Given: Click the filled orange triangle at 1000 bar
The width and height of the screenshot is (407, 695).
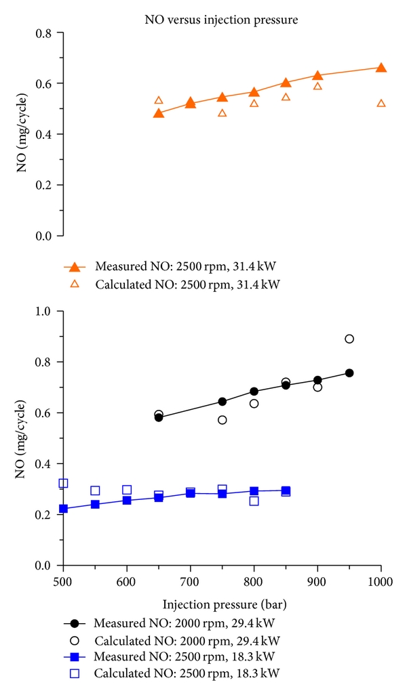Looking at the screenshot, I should [381, 68].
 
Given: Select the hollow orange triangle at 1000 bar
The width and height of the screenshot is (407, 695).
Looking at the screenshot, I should [381, 103].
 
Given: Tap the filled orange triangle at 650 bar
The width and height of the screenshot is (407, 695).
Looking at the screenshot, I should [159, 112].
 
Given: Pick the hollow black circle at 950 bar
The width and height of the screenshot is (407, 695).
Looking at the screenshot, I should [349, 339].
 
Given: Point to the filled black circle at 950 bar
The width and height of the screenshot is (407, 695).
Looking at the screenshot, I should [349, 373].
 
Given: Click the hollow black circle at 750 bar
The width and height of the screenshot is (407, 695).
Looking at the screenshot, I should [222, 420].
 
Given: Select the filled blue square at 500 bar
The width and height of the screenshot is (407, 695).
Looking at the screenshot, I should [63, 509].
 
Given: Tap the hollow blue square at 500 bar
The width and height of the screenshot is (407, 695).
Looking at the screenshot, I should [63, 484].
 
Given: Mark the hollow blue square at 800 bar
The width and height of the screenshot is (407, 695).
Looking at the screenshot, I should [254, 501].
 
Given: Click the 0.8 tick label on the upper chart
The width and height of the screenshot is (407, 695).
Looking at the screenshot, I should [44, 33].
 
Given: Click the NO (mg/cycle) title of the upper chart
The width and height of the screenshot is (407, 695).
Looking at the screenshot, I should [22, 135].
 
